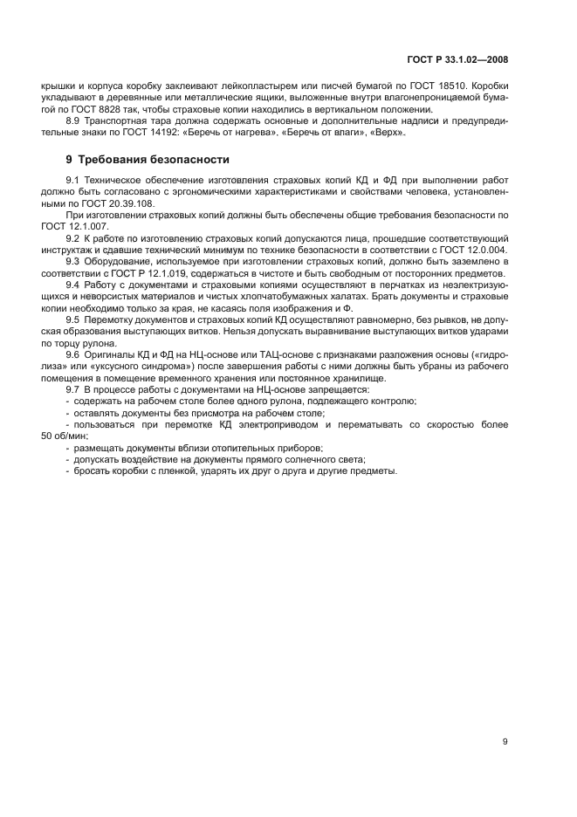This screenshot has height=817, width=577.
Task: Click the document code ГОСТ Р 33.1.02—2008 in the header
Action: coord(457,61)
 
